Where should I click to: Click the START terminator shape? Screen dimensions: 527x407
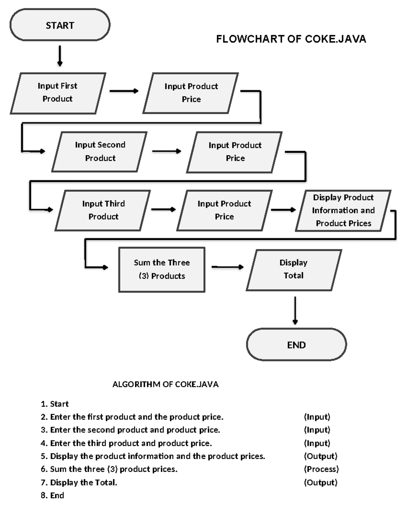(60, 25)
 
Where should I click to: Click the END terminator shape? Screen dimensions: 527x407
(296, 344)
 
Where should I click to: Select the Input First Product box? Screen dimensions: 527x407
(58, 93)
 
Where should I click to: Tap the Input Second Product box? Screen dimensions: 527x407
(100, 151)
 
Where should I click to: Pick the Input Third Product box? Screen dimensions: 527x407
(103, 210)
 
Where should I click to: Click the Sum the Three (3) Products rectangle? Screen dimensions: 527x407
(162, 269)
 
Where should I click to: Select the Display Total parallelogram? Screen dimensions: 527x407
(294, 269)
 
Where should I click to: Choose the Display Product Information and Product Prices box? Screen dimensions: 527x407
(343, 210)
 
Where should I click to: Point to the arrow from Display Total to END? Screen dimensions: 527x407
(295, 310)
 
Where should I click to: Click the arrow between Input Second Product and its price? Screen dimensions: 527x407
(166, 151)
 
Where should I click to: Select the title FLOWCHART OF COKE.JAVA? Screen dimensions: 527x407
(291, 39)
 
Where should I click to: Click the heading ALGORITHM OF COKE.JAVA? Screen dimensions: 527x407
(166, 384)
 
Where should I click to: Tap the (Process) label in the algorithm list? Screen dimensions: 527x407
(321, 469)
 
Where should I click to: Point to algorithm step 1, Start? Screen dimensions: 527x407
(55, 404)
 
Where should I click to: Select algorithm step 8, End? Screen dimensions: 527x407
(52, 495)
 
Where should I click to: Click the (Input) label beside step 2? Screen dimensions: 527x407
(317, 417)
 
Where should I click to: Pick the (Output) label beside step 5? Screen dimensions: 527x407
(321, 456)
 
